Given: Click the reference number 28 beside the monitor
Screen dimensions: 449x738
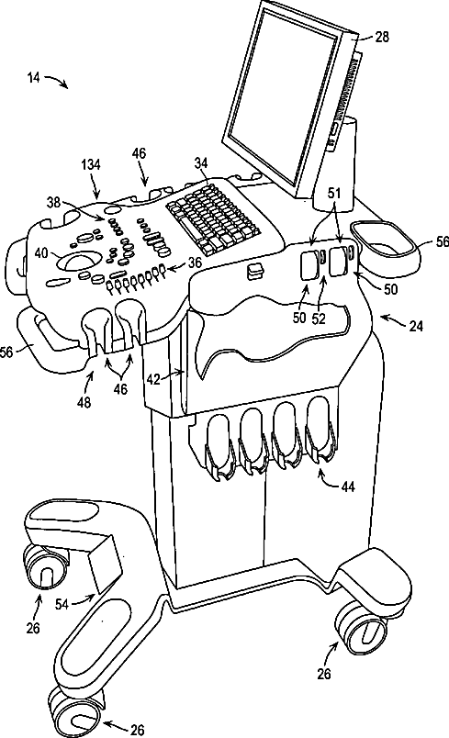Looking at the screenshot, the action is point(382,37).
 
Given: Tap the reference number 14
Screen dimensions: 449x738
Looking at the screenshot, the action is point(33,77).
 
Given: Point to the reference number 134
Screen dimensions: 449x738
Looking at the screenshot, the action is point(91,164).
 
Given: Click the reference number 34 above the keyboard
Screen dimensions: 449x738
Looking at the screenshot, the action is point(201,162).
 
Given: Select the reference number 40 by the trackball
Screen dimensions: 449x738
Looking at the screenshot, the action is point(42,253).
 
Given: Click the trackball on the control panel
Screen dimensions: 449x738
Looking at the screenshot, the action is point(81,262).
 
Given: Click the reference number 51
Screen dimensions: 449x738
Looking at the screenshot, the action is point(333,194).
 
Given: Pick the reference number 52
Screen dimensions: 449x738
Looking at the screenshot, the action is point(319,319).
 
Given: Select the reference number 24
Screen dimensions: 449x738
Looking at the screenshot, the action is point(416,325).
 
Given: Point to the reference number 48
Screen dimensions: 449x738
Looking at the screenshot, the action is point(84,403).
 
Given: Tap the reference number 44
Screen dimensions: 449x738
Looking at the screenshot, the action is point(348,486).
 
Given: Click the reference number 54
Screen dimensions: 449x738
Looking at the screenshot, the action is point(62,603).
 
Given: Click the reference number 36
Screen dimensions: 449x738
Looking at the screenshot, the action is point(195,263).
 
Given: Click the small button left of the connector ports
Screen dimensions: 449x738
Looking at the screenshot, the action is point(255,272).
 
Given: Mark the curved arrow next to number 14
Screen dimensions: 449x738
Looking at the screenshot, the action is point(57,82).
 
